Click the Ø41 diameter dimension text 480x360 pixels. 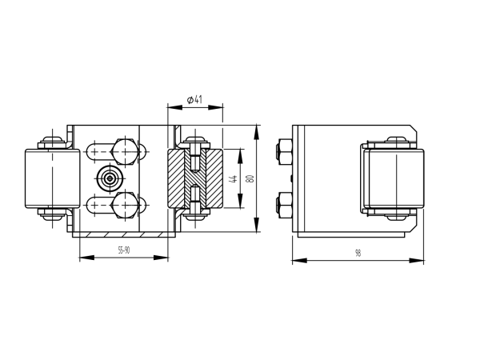(x=194, y=99)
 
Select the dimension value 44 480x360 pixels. (x=234, y=178)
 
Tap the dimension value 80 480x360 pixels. (x=250, y=178)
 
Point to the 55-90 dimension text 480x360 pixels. (x=124, y=250)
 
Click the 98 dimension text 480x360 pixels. (x=358, y=253)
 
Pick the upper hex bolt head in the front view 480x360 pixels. (x=123, y=150)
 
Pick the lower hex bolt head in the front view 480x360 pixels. (x=123, y=206)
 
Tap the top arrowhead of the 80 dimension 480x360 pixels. (x=256, y=130)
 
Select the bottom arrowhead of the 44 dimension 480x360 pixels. (x=241, y=205)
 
